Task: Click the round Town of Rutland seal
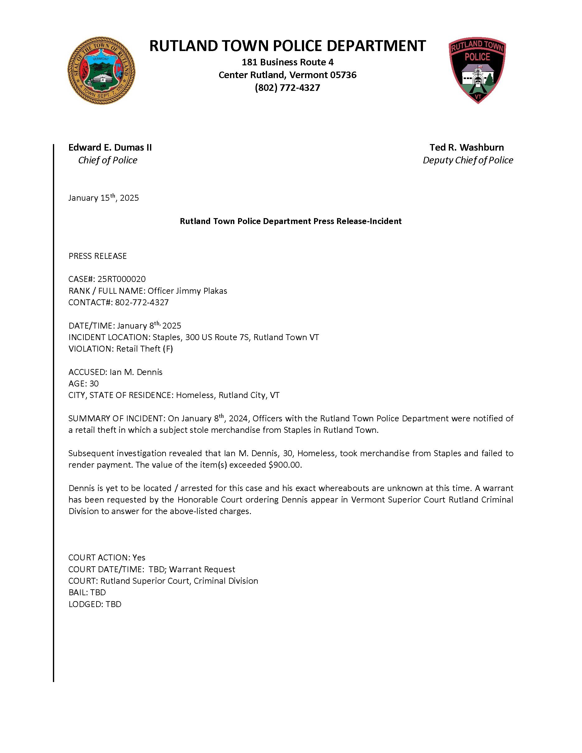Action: [101, 71]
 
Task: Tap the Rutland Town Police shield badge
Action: [477, 70]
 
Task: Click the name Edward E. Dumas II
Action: [110, 147]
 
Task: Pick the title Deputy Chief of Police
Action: [467, 160]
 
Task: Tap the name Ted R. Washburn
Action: [467, 147]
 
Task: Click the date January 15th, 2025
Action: [103, 198]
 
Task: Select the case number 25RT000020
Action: [121, 279]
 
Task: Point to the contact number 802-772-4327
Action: [142, 302]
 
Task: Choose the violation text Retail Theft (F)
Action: [144, 348]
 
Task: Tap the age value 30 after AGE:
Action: [94, 383]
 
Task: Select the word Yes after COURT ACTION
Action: [139, 558]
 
